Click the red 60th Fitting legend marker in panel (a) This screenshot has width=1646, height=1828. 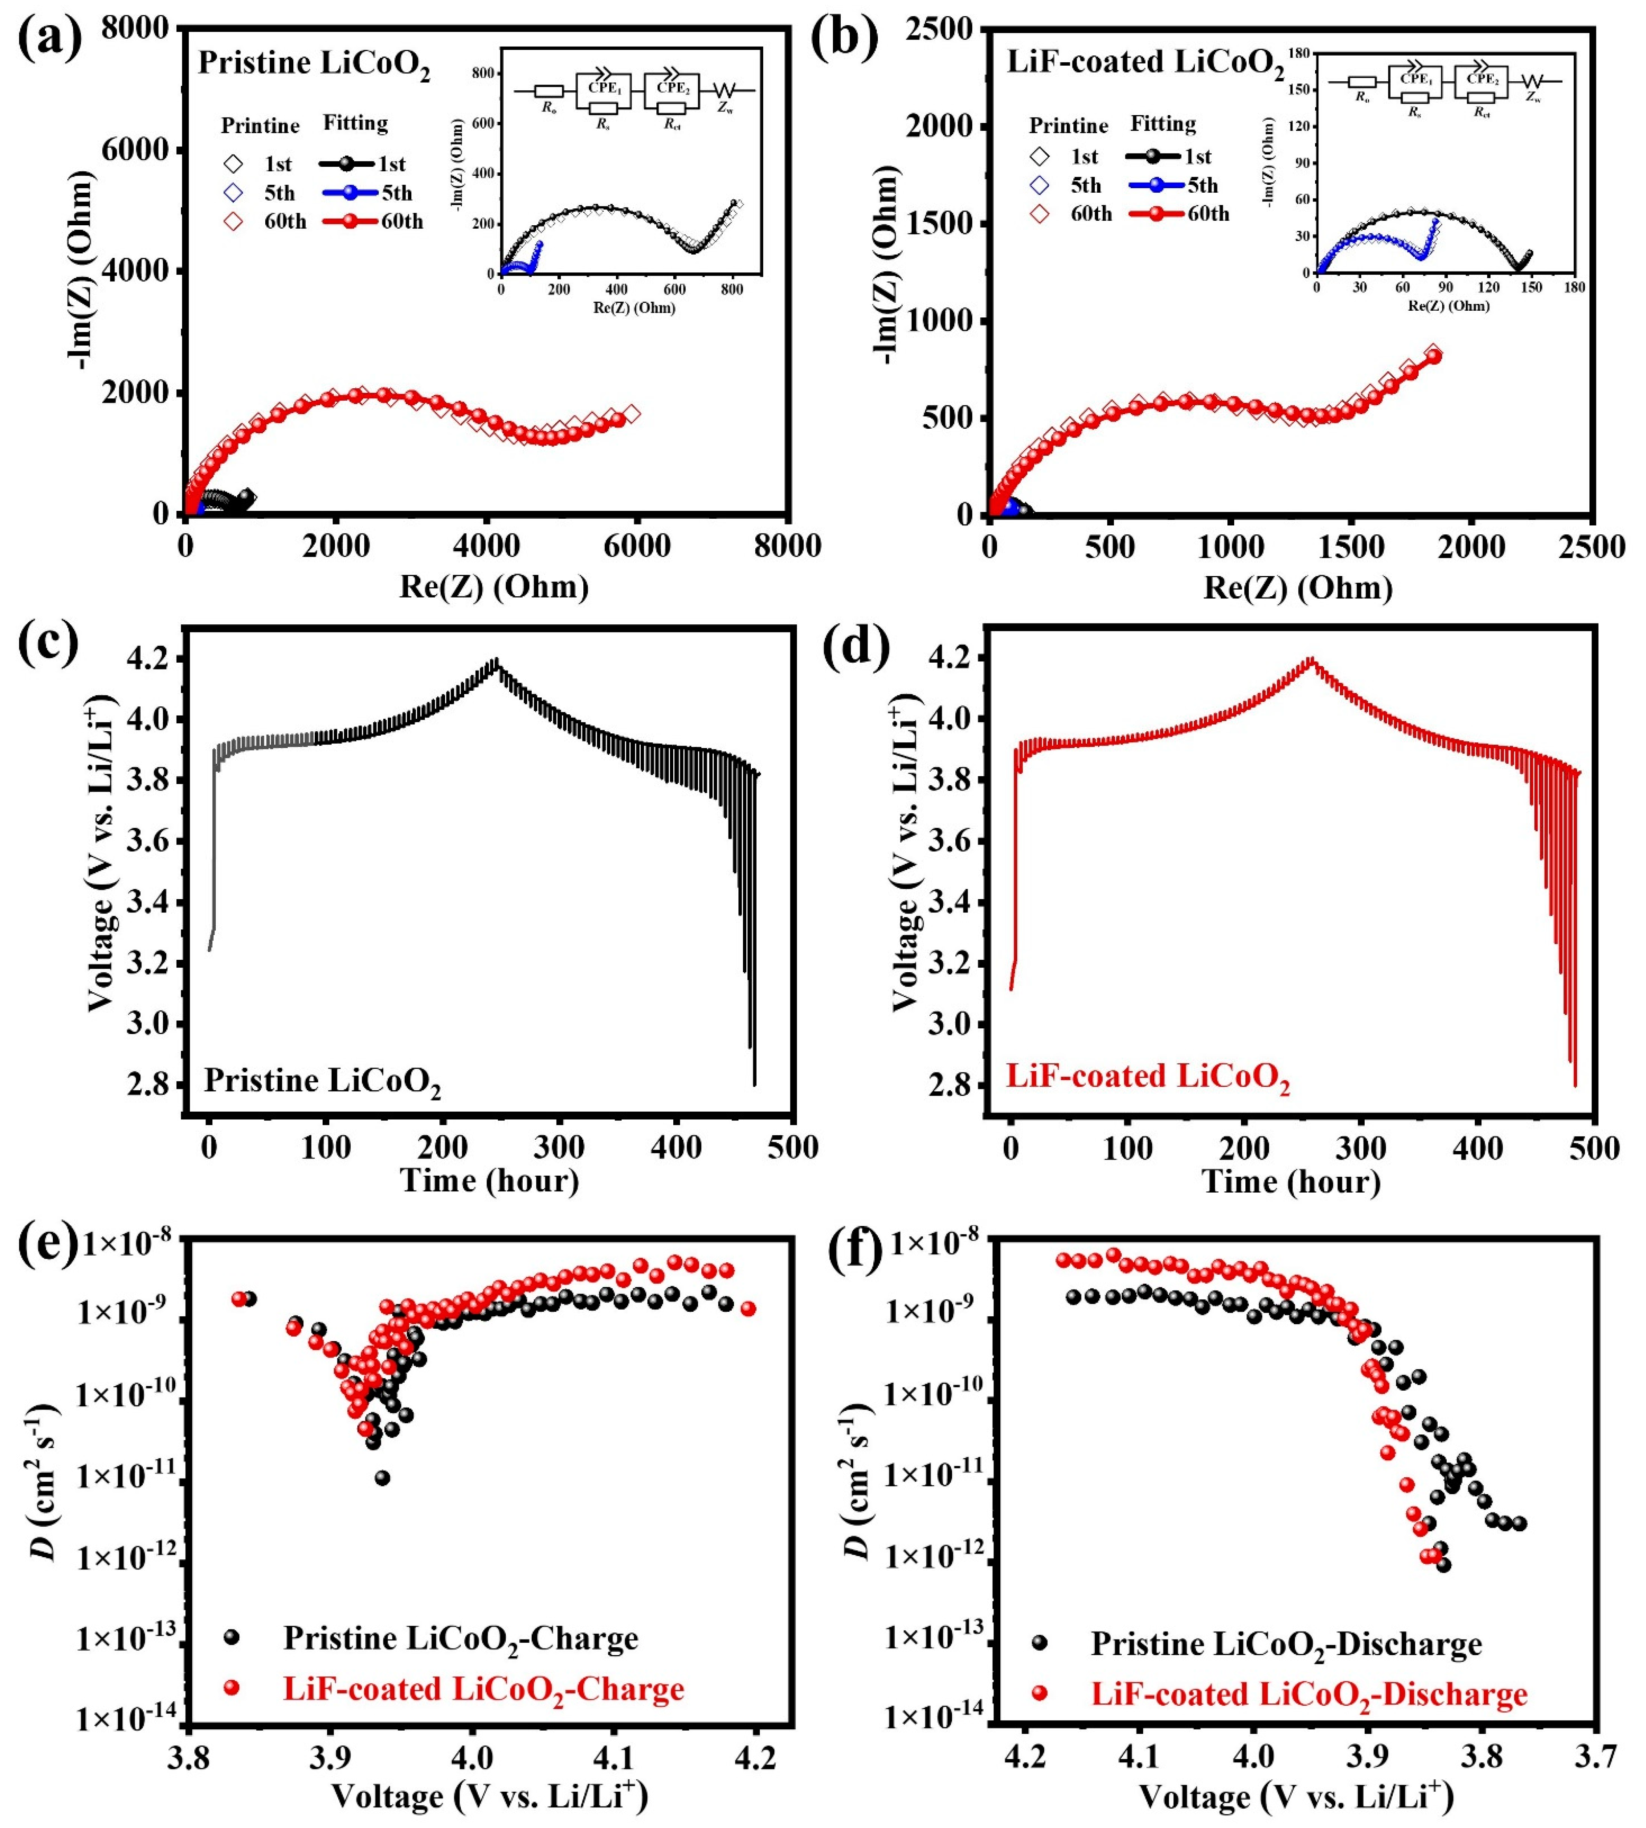click(348, 222)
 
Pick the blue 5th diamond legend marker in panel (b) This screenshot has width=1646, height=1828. click(1039, 185)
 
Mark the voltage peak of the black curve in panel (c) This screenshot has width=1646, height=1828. click(495, 659)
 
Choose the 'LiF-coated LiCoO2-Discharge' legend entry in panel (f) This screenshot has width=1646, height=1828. click(1309, 1694)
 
